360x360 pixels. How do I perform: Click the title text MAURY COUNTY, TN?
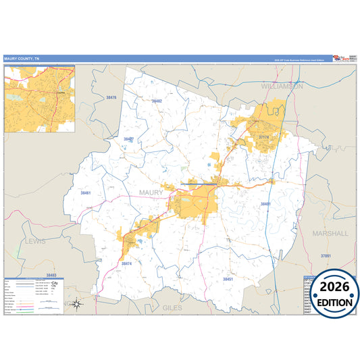click(22, 59)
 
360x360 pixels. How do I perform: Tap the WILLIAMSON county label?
click(282, 86)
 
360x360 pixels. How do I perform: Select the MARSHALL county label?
click(330, 233)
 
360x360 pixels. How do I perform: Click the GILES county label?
click(173, 307)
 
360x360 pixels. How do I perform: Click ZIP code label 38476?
click(111, 98)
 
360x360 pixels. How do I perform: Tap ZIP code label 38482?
click(157, 101)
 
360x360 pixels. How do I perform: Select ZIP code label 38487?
click(128, 139)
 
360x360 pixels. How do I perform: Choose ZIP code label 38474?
click(128, 263)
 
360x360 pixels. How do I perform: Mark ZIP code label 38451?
click(228, 278)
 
